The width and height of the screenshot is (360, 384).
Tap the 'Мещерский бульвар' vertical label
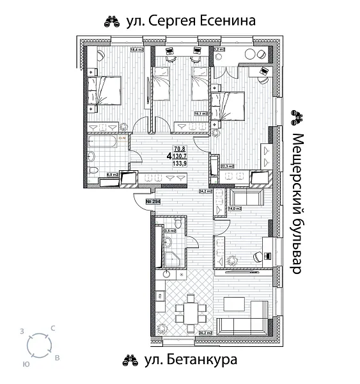295,204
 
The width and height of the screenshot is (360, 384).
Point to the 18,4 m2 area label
137,49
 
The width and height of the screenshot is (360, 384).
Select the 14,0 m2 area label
234,208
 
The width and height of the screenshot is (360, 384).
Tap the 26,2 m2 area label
205,333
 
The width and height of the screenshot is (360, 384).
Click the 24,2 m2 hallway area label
205,190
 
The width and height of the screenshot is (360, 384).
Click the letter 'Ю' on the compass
25,363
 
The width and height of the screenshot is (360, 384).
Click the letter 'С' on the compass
53,328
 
